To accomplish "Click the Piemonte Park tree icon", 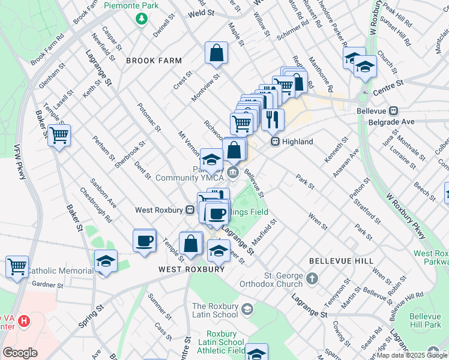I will coord(142,19).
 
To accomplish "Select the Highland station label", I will coord(298,142).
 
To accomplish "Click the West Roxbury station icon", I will coord(189,210).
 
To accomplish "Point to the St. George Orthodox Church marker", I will coord(311,278).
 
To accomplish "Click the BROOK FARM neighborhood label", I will coord(154,61).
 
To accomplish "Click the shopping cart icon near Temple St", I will coord(59,136).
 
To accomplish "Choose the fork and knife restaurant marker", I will coord(273,119).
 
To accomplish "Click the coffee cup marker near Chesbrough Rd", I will coord(144,241).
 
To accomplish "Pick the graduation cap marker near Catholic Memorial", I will coord(106,261).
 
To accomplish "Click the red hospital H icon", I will coord(23,320).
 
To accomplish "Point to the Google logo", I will coord(20,353).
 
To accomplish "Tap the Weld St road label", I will coord(201,12).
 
